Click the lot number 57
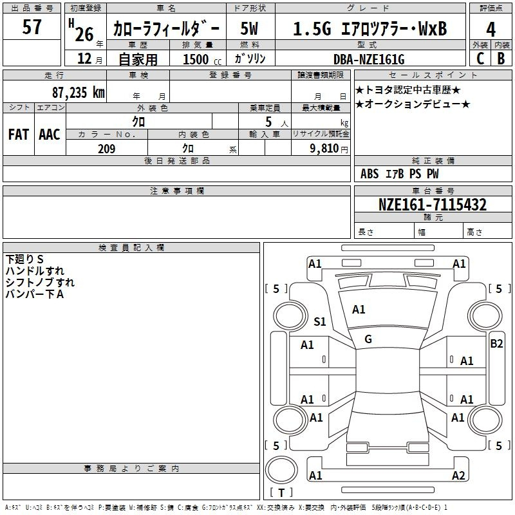click(x=32, y=27)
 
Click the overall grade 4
click(x=491, y=30)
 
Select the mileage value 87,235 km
click(x=79, y=92)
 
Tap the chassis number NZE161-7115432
click(x=433, y=204)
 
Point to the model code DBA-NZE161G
click(x=369, y=59)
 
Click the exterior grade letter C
click(x=480, y=59)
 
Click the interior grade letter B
click(x=501, y=59)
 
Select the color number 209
click(x=106, y=149)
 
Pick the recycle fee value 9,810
click(x=324, y=149)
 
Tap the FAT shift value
click(x=19, y=135)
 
